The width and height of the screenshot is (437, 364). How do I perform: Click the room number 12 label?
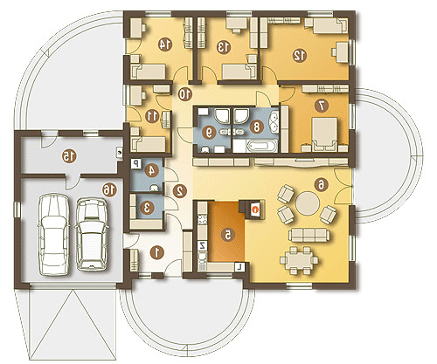(300, 55)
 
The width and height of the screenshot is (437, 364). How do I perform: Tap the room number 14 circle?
(165, 45)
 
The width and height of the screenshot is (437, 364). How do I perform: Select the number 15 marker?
(69, 156)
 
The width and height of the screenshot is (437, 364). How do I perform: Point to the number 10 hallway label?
(185, 94)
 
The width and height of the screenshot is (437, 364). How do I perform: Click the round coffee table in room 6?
(308, 203)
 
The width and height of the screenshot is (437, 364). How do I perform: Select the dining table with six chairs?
(299, 260)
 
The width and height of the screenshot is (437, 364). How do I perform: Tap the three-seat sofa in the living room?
(309, 235)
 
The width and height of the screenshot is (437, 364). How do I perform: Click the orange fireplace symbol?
(255, 209)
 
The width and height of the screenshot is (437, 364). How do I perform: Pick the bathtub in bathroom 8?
(261, 146)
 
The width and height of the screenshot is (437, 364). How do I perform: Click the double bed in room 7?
(324, 134)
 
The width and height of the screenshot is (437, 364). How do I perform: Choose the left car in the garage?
(54, 235)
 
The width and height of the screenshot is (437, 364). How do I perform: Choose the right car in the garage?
(92, 235)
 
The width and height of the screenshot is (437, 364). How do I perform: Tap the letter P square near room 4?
(135, 163)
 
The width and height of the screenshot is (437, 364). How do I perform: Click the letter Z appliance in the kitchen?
(202, 245)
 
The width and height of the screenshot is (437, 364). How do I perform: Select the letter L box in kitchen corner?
(239, 266)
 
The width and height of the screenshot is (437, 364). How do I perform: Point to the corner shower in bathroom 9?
(222, 115)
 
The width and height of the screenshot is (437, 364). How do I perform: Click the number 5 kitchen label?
(227, 235)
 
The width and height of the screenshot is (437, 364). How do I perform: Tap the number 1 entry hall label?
(157, 252)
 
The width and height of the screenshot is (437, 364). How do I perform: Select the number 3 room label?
(147, 208)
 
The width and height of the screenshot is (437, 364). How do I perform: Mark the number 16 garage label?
(109, 190)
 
